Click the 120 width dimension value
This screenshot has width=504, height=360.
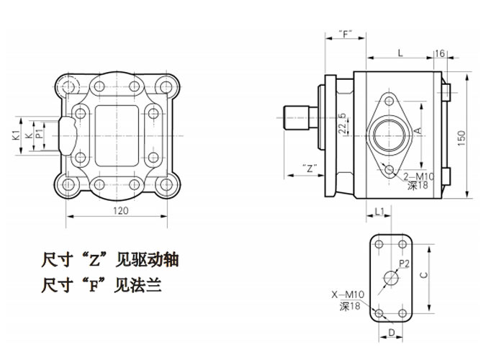point(120,210)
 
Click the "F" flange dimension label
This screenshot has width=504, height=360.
point(346,34)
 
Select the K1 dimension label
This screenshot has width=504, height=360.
point(15,135)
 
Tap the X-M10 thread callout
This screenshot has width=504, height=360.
point(348,294)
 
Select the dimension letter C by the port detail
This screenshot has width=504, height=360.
point(425,275)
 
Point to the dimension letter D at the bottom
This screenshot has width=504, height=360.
point(391,332)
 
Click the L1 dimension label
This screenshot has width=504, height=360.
point(379,211)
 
